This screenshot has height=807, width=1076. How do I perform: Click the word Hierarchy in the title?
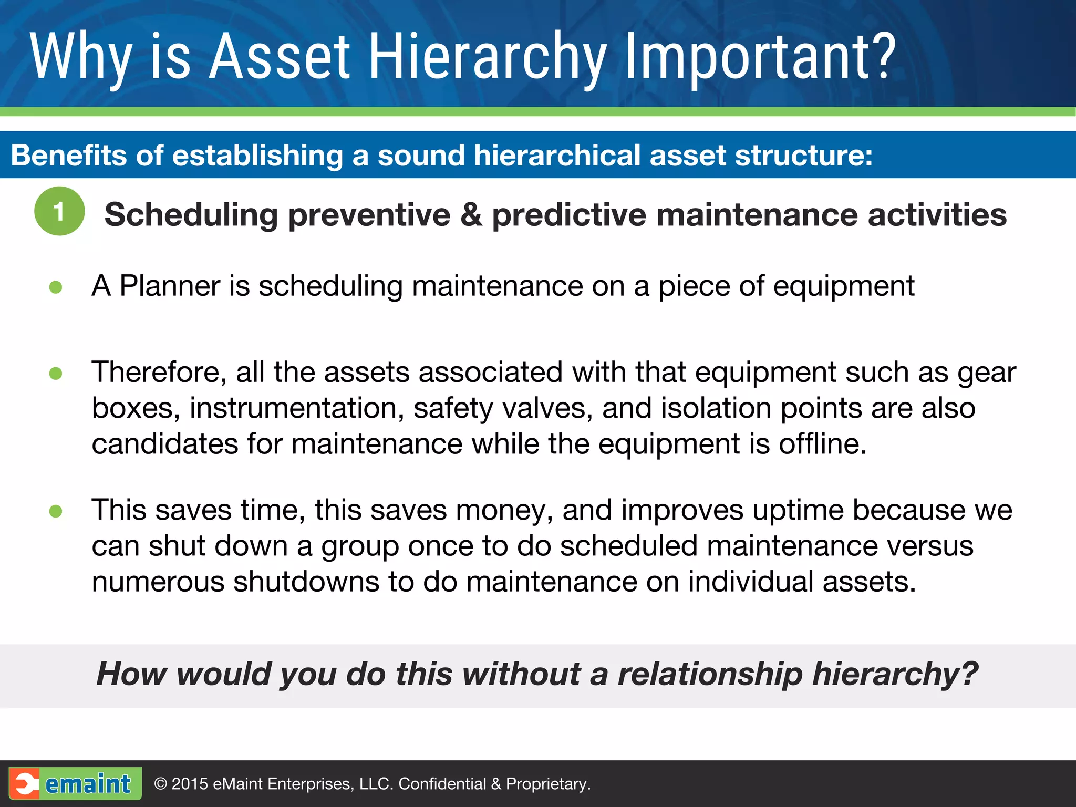(x=488, y=57)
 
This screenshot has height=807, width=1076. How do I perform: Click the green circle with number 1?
(x=59, y=211)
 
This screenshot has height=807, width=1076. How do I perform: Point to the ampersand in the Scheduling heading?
(x=471, y=215)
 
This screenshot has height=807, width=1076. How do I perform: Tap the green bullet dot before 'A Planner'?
(x=56, y=287)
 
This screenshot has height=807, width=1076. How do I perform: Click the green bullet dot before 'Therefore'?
(x=56, y=374)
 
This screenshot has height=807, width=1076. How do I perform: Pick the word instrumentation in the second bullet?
(x=297, y=408)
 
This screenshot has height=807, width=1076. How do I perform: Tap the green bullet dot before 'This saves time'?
(x=56, y=511)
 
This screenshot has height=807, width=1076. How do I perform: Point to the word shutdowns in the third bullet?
(x=306, y=582)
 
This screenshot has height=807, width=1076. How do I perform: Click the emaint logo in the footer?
(x=75, y=783)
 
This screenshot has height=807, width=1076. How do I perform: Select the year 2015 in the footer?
(x=190, y=784)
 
